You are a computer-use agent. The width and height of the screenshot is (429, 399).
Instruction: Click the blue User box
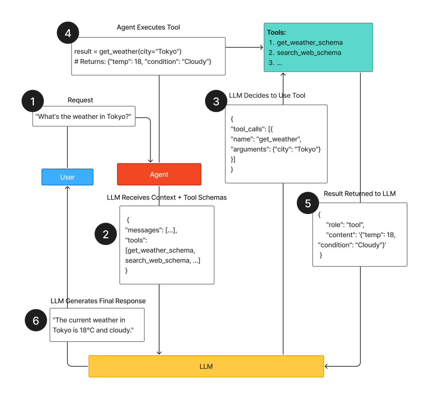(x=67, y=177)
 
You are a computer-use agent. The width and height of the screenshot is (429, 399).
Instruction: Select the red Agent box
(x=159, y=175)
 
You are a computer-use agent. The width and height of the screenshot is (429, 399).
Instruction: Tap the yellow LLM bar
(x=206, y=366)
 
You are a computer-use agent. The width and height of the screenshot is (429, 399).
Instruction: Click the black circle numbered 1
(x=33, y=102)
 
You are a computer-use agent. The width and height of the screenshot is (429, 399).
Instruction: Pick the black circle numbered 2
(x=106, y=234)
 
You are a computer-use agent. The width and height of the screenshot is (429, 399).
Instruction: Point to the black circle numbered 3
(x=216, y=101)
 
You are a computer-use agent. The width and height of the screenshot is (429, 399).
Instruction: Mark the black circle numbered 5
(x=308, y=203)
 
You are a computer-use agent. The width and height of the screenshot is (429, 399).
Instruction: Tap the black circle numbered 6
(x=36, y=320)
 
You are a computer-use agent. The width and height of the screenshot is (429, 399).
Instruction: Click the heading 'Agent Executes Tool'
(x=148, y=27)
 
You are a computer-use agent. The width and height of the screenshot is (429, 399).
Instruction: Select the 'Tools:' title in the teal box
(x=276, y=33)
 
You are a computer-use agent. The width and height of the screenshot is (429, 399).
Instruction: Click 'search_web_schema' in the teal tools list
(x=309, y=53)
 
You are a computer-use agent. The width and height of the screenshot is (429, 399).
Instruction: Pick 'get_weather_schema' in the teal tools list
(x=309, y=42)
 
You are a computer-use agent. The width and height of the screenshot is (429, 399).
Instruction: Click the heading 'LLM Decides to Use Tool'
(x=267, y=96)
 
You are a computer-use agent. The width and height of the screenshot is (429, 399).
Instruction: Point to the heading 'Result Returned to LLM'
(x=360, y=194)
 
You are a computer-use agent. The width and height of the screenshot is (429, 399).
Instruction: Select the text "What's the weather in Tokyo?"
(x=84, y=116)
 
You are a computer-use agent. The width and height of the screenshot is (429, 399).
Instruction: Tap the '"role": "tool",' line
(x=345, y=224)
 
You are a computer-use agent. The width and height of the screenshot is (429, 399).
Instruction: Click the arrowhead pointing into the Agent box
(x=151, y=160)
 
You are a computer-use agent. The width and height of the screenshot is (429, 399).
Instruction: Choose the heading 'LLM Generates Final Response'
(x=98, y=301)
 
